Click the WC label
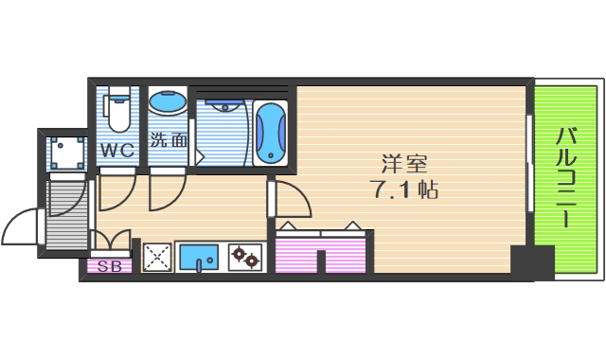tap(118, 149)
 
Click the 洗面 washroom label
tap(169, 139)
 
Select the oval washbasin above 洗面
tap(168, 103)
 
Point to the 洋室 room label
tap(401, 161)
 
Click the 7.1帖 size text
tap(402, 189)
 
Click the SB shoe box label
tap(110, 266)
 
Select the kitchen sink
tap(199, 255)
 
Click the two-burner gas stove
tap(245, 255)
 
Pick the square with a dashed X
tap(156, 255)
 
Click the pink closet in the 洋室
tap(320, 252)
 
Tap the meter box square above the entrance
tap(65, 151)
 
